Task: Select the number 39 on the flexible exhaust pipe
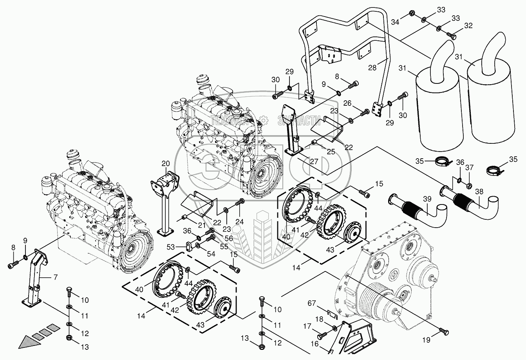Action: coord(427,199)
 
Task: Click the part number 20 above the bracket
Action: coord(165,163)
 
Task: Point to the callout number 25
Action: coord(331,152)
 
